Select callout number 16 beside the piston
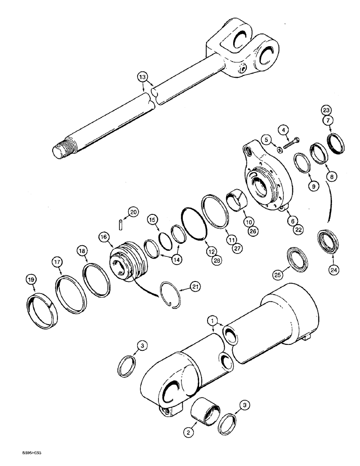(x=104, y=237)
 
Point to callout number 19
(x=31, y=280)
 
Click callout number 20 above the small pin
(x=134, y=212)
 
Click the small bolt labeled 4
(x=290, y=143)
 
